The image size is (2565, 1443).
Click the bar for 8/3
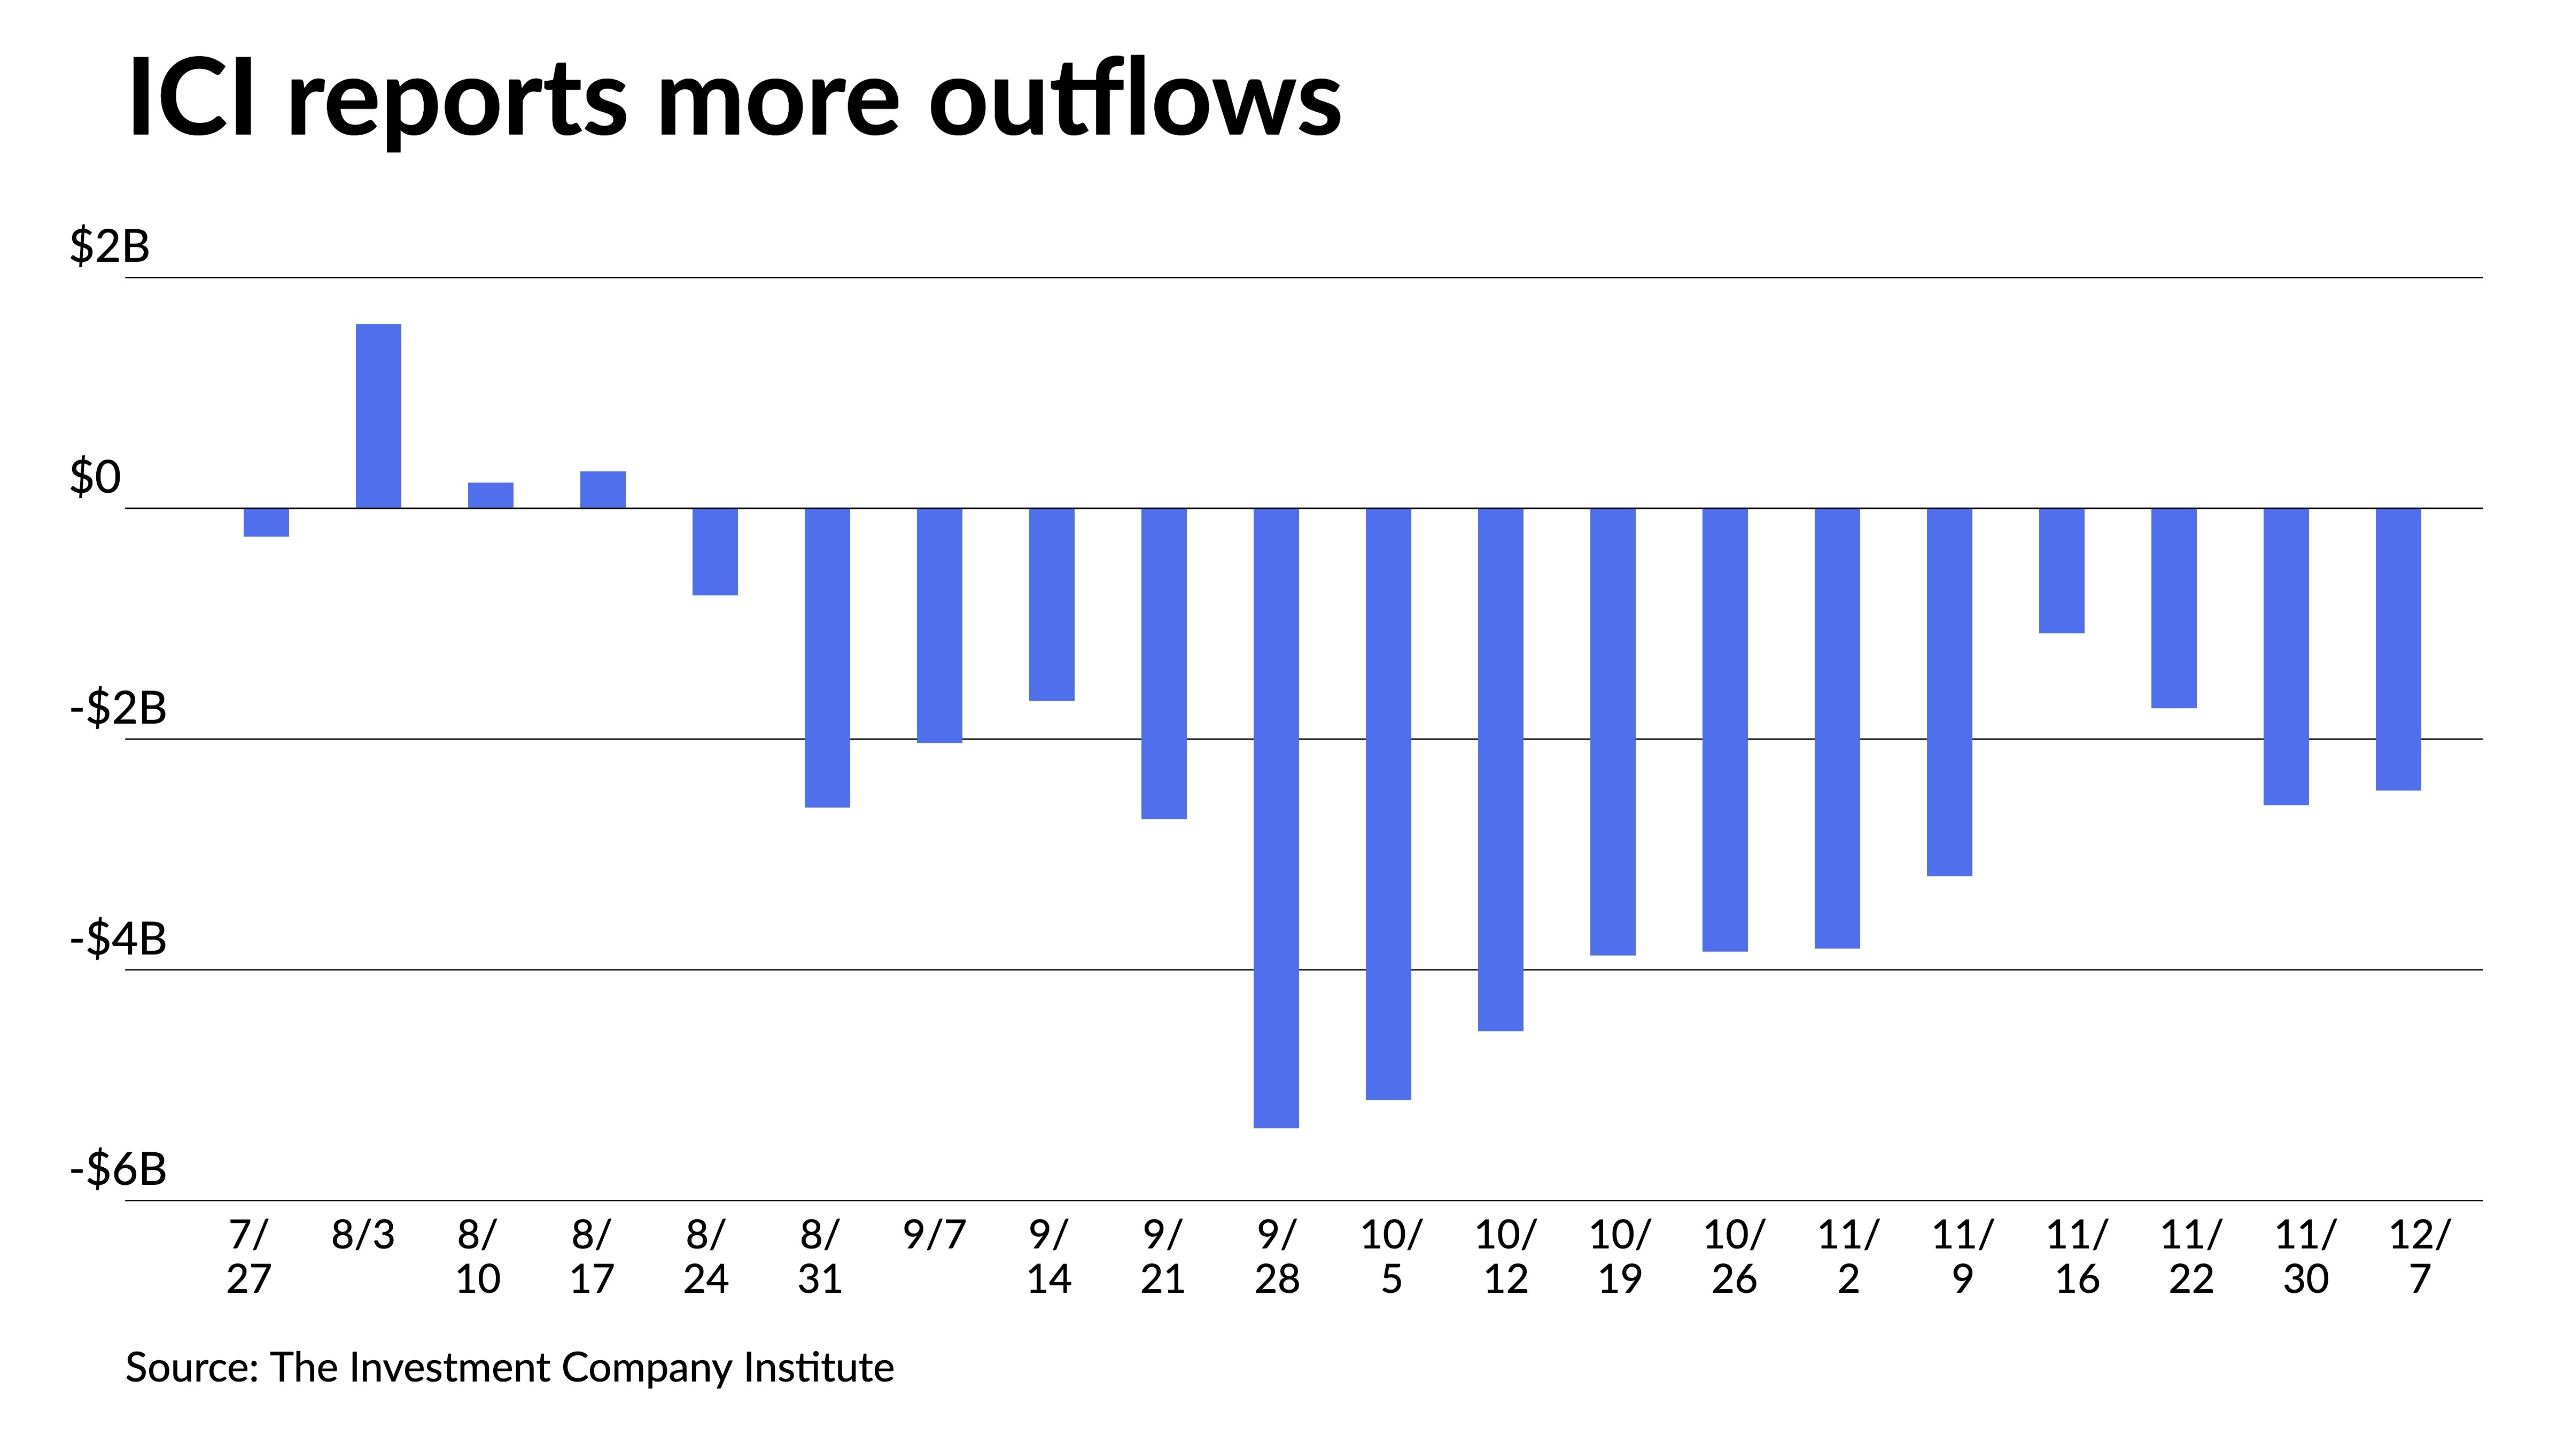tap(378, 416)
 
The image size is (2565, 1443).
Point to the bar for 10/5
tap(1388, 804)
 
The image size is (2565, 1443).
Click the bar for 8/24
tap(715, 552)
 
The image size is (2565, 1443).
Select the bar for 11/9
tap(1949, 692)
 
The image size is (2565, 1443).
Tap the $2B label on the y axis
tap(110, 246)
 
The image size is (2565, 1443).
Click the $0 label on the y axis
tap(95, 477)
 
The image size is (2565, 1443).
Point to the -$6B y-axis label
tap(118, 1169)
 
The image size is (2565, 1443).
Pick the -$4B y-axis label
tap(118, 938)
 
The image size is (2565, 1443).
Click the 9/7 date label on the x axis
tap(934, 1235)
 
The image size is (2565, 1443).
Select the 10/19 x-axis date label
tap(1619, 1257)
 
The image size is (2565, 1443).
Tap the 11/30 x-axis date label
tap(2305, 1257)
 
